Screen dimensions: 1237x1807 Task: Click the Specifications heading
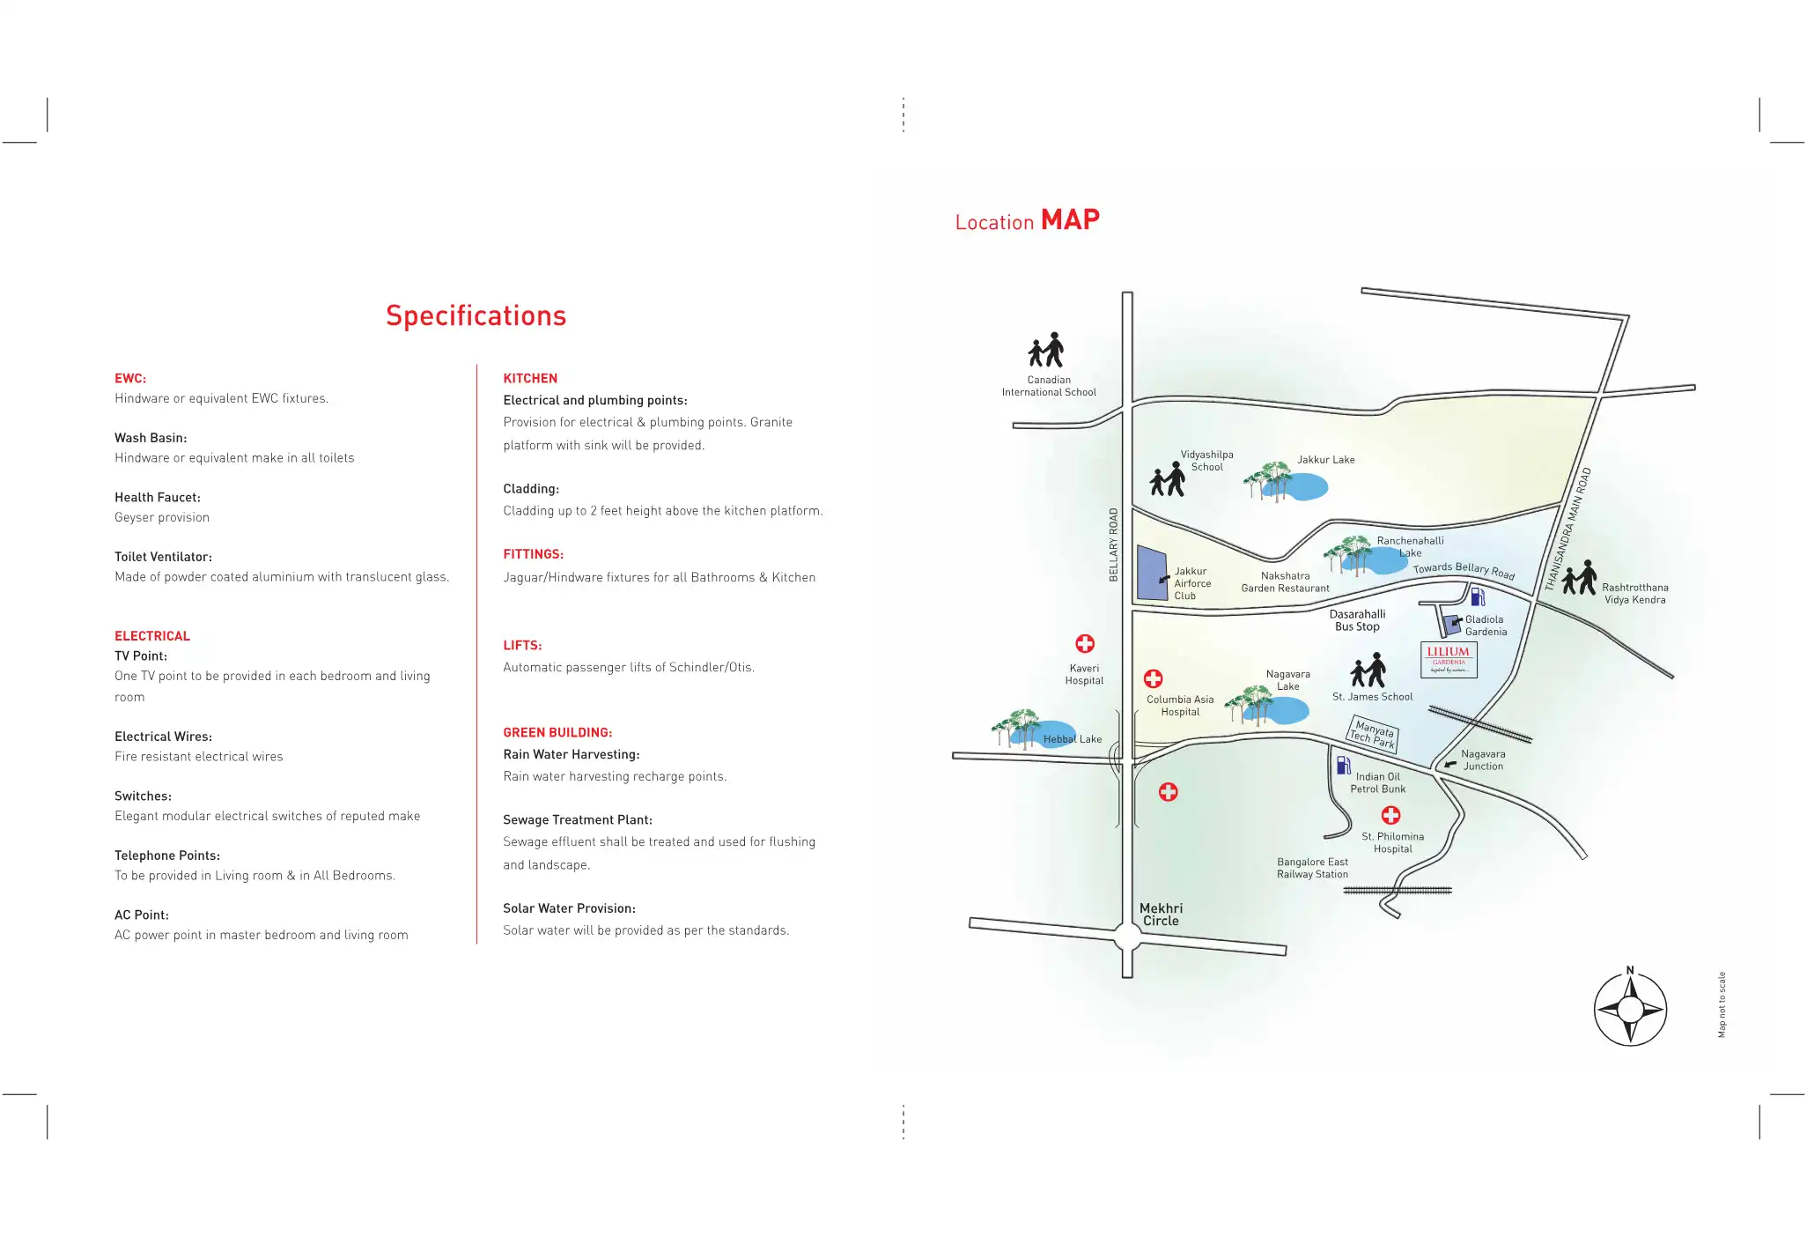(476, 315)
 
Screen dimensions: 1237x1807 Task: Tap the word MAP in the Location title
(1070, 219)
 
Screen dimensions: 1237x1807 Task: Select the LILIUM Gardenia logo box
(1449, 659)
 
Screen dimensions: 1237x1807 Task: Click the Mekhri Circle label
(1161, 915)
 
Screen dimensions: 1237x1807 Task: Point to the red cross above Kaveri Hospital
(1085, 644)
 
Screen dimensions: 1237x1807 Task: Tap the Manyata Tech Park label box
(1373, 734)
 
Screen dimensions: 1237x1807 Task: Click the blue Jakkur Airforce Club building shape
(1151, 574)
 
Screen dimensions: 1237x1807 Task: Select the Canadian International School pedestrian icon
(1046, 351)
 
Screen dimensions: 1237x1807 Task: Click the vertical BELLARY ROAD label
(1113, 544)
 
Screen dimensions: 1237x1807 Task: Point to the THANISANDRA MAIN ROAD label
(1567, 529)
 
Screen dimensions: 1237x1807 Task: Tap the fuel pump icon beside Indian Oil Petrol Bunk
(1343, 765)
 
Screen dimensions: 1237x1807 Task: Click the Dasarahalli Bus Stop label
(1357, 620)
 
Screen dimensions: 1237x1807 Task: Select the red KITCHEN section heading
(530, 378)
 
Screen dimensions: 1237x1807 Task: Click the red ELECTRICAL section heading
(152, 636)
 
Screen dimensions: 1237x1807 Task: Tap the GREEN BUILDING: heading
(557, 732)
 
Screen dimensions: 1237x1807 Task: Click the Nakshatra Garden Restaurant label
(1285, 582)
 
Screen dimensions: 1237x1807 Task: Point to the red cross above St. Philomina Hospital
(1391, 815)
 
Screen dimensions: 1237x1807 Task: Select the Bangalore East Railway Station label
(1312, 868)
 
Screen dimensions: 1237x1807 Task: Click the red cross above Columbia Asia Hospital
(1153, 678)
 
